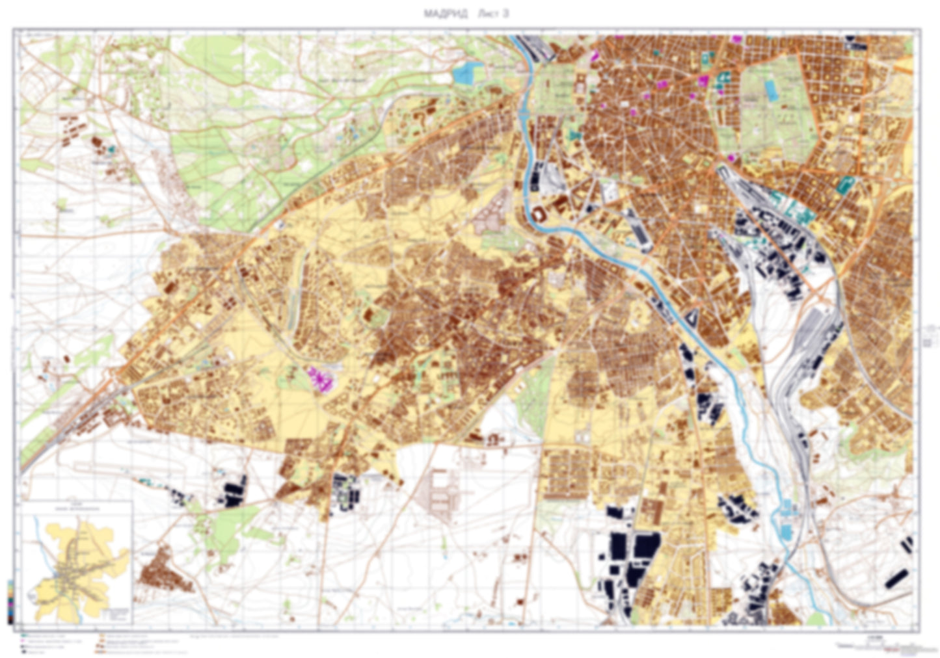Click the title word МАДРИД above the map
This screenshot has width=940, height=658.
click(x=445, y=14)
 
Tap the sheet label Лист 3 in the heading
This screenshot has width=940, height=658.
click(x=492, y=14)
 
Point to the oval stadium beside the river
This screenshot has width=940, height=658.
click(x=540, y=215)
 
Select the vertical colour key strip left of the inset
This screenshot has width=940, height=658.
click(x=10, y=601)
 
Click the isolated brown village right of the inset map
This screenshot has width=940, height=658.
click(x=166, y=571)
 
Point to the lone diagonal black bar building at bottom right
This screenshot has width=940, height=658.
click(x=897, y=577)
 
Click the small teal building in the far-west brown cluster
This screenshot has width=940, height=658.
click(x=111, y=149)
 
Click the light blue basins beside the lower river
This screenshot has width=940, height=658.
click(x=785, y=520)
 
